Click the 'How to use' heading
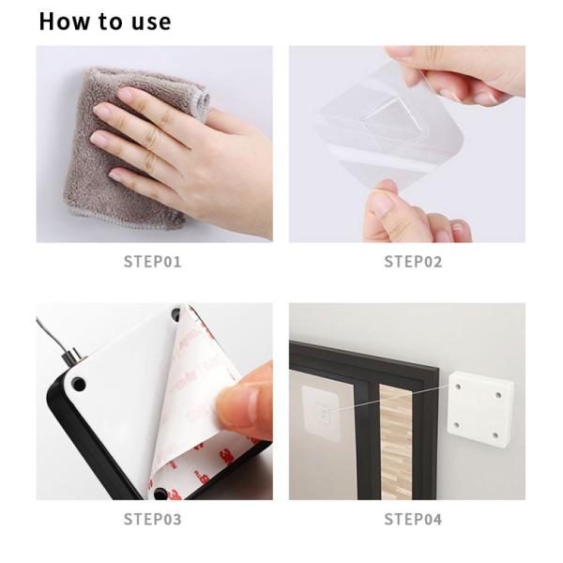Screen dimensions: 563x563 105,22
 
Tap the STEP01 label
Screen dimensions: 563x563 153,262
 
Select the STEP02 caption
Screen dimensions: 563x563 413,262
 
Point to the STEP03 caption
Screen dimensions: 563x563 153,519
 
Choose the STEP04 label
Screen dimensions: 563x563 413,519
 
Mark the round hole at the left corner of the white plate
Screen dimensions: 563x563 78,385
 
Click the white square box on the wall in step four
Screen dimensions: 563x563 480,409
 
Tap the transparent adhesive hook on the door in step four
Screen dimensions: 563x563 321,412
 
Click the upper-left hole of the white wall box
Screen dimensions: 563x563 459,388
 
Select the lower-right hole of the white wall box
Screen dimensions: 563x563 495,436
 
